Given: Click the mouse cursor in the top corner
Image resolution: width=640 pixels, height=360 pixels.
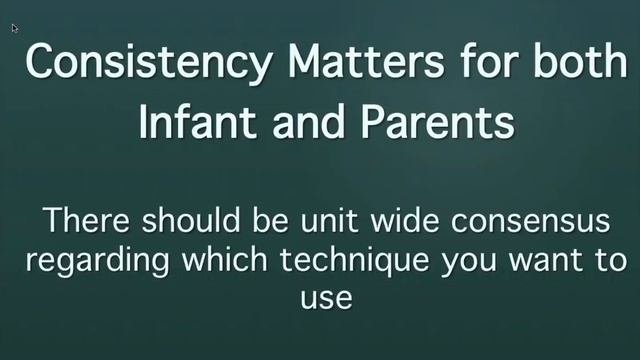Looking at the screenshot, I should click(x=14, y=27).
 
